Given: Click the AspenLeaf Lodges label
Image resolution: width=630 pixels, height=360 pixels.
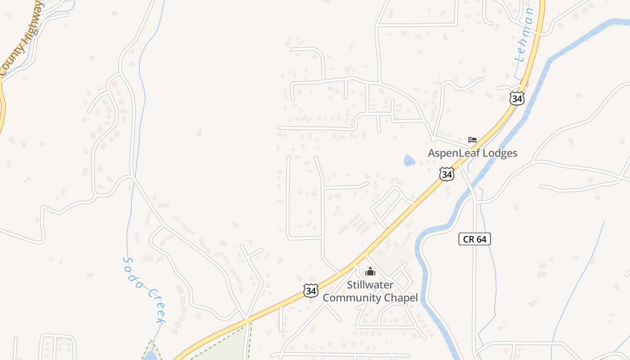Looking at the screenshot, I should pos(472,153).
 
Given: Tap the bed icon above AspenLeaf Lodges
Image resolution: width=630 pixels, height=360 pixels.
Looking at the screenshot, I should pos(472,139).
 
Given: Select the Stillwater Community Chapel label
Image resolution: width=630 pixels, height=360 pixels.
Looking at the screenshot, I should pos(370,291).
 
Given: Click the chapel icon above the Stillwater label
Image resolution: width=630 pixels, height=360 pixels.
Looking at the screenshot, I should pos(370,271).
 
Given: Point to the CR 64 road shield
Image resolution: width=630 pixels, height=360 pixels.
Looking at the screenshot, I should pos(475,239).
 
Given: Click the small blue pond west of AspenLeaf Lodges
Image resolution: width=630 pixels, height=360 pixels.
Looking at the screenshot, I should pos(409,161).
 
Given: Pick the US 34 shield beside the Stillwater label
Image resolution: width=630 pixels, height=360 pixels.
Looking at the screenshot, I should pos(310,290).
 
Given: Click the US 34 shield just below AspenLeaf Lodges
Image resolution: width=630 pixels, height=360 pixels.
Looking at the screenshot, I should pos(446,174).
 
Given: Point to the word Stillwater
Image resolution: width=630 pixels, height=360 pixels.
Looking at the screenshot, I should pos(370,285).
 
